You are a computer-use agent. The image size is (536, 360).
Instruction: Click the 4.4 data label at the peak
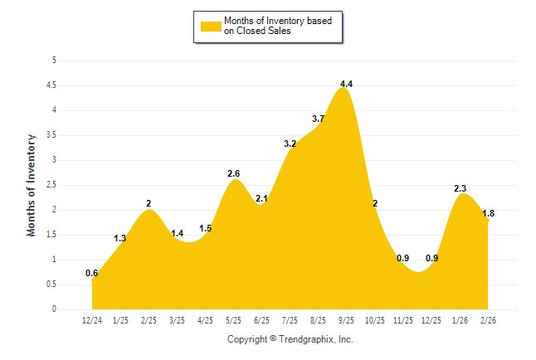(x=347, y=85)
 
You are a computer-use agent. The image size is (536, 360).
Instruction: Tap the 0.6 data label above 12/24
(x=92, y=274)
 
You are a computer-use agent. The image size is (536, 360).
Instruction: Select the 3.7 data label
(x=319, y=119)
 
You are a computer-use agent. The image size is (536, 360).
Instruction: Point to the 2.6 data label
(x=234, y=174)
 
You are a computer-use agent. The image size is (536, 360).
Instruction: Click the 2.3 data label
(x=460, y=189)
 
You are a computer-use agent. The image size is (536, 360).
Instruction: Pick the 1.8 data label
(x=489, y=214)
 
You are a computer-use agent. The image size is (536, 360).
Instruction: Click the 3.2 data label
(x=290, y=144)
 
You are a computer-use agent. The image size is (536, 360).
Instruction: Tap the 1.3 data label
(x=120, y=239)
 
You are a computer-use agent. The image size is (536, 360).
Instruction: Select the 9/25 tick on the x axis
(x=347, y=319)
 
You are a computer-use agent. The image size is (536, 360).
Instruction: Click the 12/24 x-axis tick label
(x=92, y=319)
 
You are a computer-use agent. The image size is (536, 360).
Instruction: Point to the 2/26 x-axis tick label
(x=489, y=319)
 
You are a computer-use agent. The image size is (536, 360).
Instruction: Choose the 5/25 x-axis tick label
(x=234, y=319)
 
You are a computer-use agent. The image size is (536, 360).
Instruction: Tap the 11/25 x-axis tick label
(x=403, y=319)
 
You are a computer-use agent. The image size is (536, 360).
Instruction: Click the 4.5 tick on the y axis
(x=51, y=85)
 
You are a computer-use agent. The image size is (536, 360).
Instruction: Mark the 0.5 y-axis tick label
(x=51, y=285)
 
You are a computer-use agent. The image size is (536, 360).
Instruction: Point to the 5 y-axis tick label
(x=54, y=61)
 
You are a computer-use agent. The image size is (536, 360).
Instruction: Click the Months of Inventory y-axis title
(x=32, y=185)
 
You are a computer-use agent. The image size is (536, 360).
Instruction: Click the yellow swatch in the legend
(x=210, y=26)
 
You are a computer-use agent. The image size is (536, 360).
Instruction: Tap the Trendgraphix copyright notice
(x=290, y=339)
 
